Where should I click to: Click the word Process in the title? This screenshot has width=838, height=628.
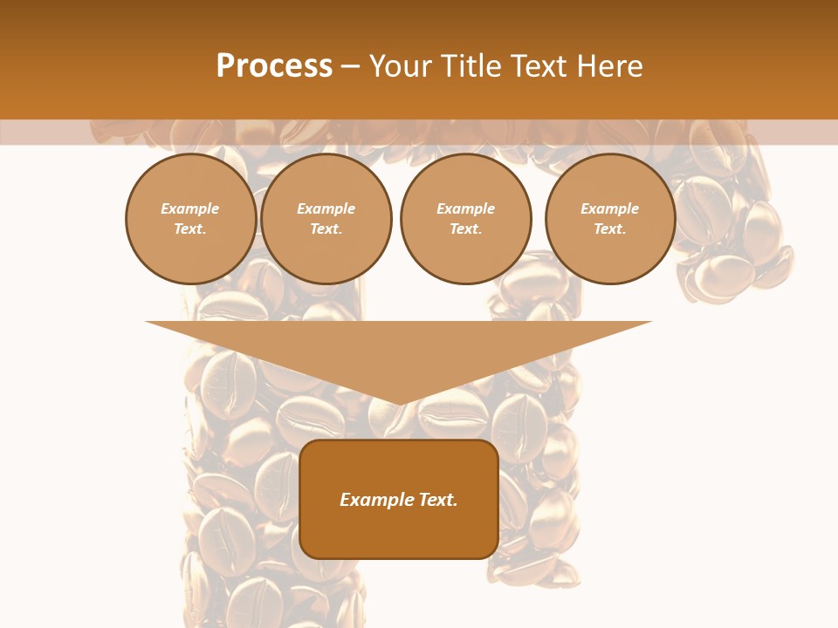(x=274, y=66)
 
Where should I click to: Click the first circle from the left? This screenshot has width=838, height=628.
(x=190, y=219)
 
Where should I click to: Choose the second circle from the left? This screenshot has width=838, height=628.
(x=326, y=219)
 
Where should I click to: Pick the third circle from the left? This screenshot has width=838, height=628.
(x=465, y=219)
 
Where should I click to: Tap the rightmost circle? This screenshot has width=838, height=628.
(x=610, y=219)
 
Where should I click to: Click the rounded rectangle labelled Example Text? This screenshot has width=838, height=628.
(x=399, y=499)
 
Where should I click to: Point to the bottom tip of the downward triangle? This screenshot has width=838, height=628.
(x=399, y=404)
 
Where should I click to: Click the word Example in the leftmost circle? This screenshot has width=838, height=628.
(x=190, y=208)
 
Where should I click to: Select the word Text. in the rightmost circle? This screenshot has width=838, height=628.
(x=610, y=229)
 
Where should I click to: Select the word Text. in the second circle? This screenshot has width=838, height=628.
(x=326, y=229)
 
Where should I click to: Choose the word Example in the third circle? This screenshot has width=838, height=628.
(x=465, y=208)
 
